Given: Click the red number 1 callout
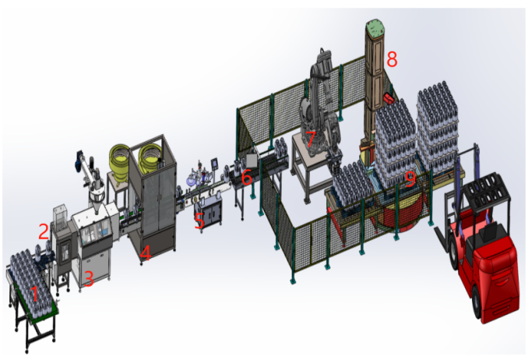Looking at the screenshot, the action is tap(35, 294).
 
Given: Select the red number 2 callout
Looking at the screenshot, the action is tap(44, 231).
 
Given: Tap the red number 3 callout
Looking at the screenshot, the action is tap(88, 279).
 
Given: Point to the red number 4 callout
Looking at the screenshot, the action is tap(146, 252).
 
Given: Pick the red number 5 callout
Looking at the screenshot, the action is tap(199, 221).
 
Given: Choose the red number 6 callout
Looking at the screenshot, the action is tap(247, 177).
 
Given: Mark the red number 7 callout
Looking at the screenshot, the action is tap(311, 139).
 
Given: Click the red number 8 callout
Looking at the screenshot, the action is tap(392, 59).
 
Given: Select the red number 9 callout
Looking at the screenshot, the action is tap(410, 178).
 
